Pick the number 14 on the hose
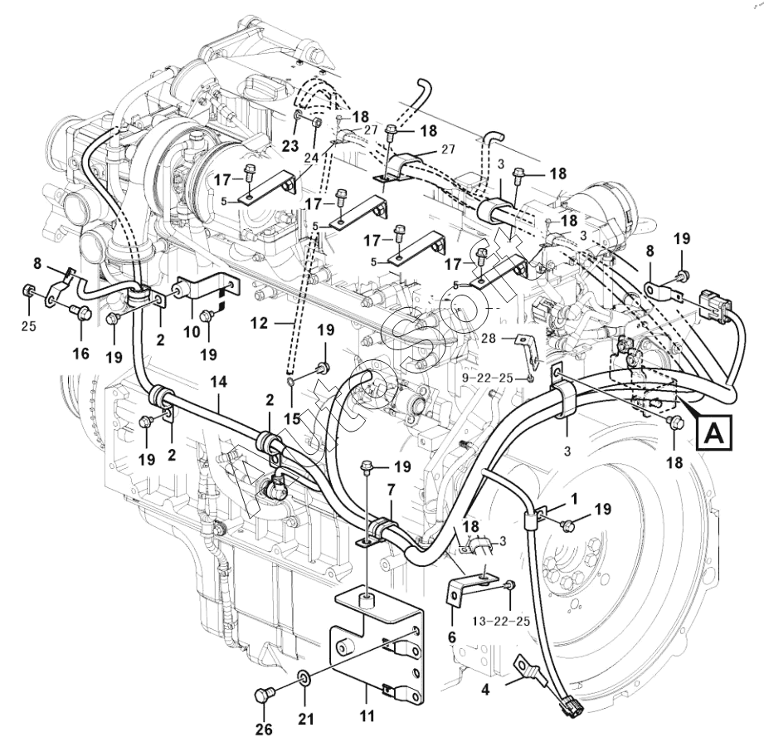219,384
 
